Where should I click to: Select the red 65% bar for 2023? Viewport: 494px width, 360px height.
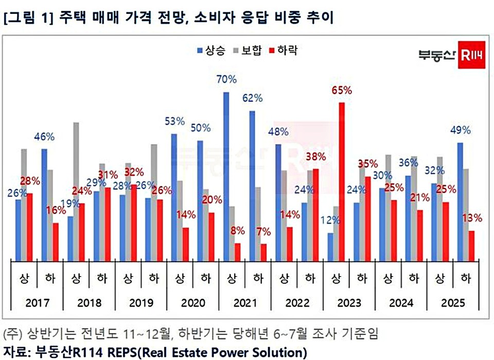tap(341, 180)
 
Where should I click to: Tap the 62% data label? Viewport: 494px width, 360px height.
tap(253, 98)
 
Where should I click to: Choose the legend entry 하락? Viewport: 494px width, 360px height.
tap(284, 50)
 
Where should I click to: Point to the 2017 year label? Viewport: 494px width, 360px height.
tap(37, 303)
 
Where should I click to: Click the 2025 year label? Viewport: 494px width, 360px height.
tap(453, 303)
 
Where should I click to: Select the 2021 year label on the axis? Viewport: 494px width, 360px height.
tap(244, 303)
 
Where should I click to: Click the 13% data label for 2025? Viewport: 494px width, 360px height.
tap(472, 218)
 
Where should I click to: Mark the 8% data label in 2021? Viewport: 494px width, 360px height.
tap(237, 231)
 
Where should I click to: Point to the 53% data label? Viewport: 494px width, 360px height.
tap(174, 122)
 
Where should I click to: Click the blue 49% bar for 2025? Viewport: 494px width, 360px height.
tap(460, 201)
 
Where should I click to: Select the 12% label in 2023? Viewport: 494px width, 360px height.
tap(330, 220)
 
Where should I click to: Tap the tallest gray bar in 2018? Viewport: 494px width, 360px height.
tap(76, 191)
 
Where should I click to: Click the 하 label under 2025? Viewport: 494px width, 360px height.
tap(466, 279)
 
